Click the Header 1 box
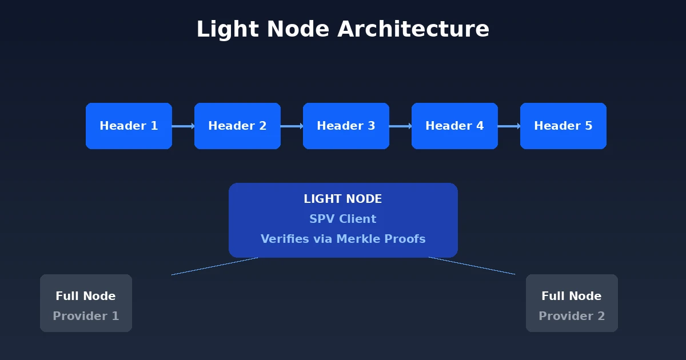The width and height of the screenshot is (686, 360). (x=129, y=126)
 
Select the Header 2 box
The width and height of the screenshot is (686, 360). (x=237, y=126)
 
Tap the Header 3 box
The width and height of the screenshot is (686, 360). (x=346, y=126)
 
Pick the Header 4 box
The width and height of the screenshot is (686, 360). (x=454, y=126)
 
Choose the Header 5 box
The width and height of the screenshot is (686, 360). (x=563, y=126)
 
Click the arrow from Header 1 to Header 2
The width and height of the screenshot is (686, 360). (x=183, y=126)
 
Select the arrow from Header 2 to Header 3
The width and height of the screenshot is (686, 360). (x=292, y=126)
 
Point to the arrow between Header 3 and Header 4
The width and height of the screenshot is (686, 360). (x=400, y=126)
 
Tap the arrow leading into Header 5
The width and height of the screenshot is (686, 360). (x=509, y=126)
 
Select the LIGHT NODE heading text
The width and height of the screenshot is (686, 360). (x=343, y=199)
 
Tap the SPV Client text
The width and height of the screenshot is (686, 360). (x=343, y=219)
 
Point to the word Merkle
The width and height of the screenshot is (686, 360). (x=357, y=239)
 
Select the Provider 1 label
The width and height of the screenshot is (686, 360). (x=86, y=316)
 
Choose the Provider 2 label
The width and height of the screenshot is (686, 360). (x=572, y=316)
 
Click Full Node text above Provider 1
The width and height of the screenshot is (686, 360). (x=86, y=296)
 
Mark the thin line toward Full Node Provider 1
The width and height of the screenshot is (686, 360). (x=214, y=266)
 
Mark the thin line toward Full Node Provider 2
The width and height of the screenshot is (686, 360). (x=472, y=266)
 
